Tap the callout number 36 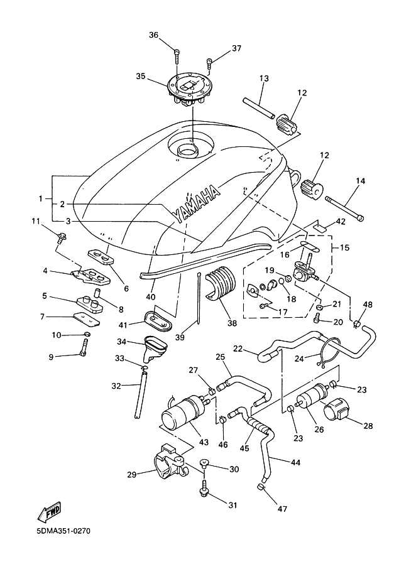153,36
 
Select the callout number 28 368,426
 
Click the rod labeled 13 257,106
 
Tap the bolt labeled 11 62,237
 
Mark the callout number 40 151,296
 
